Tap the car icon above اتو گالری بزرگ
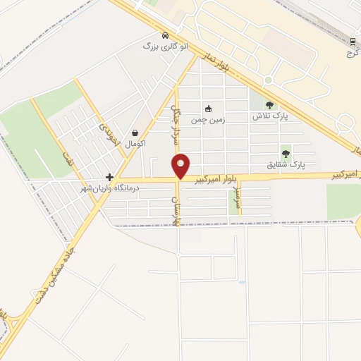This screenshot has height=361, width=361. [164, 35]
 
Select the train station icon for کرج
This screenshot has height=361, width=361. [352, 42]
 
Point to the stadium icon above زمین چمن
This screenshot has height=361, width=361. [208, 109]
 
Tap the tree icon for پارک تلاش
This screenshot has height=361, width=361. [268, 104]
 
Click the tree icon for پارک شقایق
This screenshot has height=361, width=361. [286, 153]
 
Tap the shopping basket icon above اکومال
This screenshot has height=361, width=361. [135, 133]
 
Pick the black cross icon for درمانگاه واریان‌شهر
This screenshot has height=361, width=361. [109, 177]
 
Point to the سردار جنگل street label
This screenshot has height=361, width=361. [177, 126]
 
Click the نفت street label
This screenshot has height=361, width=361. [66, 158]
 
